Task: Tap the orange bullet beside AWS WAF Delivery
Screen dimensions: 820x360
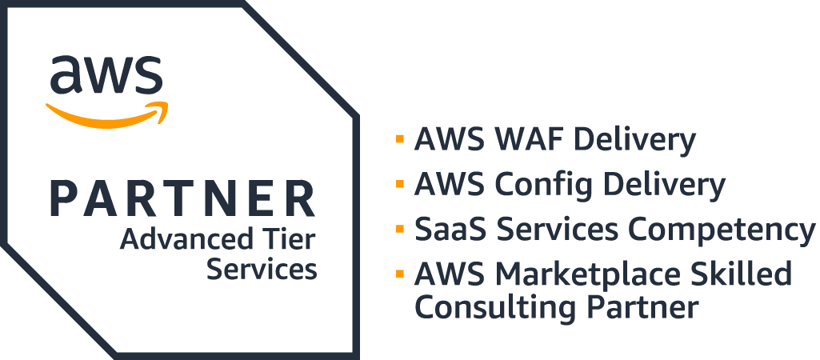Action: pos(399,140)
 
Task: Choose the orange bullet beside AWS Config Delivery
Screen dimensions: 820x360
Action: pos(399,185)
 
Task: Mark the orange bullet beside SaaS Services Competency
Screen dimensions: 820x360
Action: pos(399,230)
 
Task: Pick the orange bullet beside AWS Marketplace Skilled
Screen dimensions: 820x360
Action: pos(399,274)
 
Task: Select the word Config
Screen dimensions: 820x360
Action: pos(537,186)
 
